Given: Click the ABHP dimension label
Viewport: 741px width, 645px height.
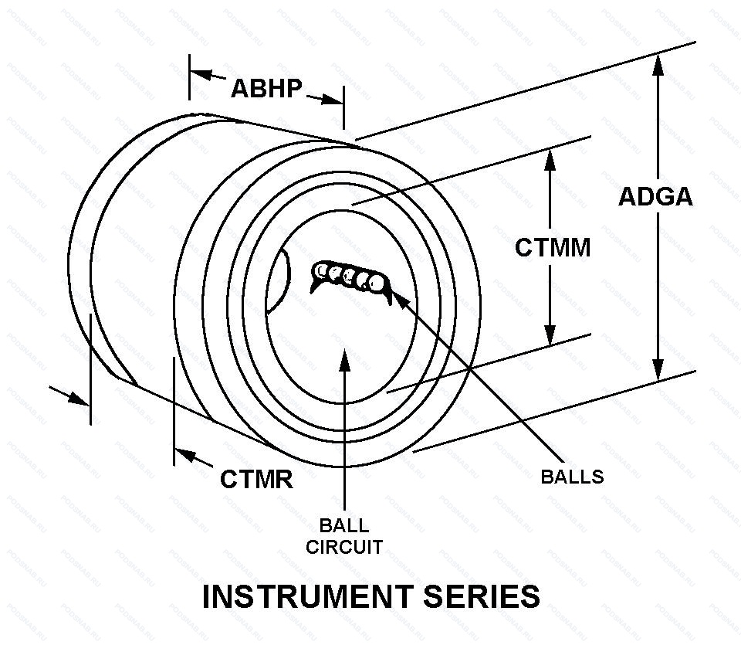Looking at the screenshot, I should point(266,88).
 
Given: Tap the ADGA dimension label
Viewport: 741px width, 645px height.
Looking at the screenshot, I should point(655,197).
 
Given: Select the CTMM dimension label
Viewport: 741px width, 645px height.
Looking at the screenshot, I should point(553,248).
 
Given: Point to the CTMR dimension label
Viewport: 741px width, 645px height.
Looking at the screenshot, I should point(256,479).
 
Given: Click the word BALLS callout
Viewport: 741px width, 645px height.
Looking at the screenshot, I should point(572,477).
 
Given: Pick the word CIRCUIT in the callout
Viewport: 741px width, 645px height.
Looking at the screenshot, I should point(344,548).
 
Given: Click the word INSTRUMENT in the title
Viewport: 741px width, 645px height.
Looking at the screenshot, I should point(306,597).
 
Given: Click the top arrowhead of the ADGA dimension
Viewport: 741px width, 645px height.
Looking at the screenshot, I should point(658,66).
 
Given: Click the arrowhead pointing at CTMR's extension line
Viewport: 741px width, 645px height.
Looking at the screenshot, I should point(184,454).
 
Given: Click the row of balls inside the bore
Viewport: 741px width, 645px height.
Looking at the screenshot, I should point(348,277).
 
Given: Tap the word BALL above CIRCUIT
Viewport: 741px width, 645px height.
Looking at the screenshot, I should point(344,527).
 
